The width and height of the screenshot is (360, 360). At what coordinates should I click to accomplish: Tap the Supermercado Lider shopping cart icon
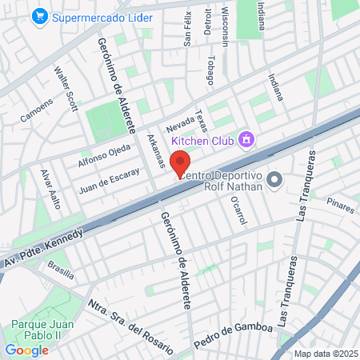tap(38, 16)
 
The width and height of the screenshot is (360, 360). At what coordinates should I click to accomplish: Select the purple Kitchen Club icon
tap(247, 141)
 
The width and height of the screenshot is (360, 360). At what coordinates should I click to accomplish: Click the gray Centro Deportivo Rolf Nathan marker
tap(275, 179)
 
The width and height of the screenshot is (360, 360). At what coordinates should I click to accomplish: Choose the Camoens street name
tap(36, 110)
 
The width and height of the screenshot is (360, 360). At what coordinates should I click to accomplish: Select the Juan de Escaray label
tap(110, 180)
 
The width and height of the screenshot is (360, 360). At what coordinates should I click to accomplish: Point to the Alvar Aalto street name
tap(50, 188)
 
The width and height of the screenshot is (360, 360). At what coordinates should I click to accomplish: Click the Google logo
tap(26, 350)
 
